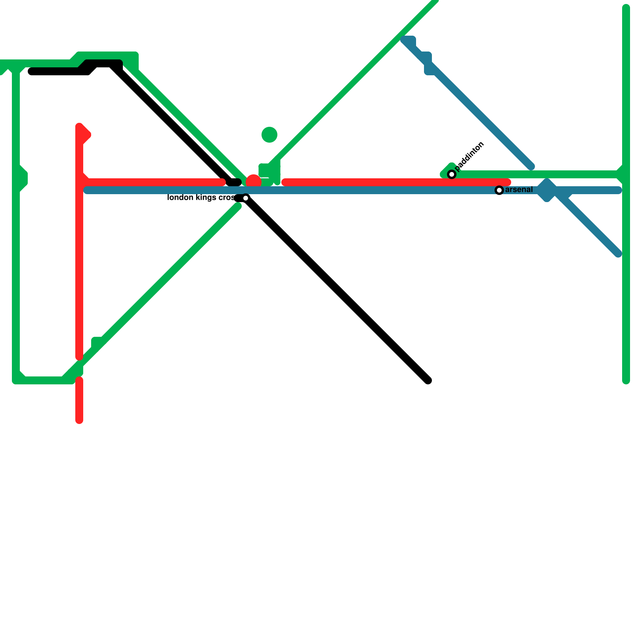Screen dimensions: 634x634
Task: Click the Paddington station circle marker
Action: tap(452, 174)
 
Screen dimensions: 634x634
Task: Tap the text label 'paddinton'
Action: tap(470, 156)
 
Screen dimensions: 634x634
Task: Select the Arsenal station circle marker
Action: tap(499, 190)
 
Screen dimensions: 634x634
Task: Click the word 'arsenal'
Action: tap(519, 190)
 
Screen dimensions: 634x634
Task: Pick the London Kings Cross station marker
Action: tap(246, 198)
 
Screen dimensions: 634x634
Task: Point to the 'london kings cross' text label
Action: tap(201, 197)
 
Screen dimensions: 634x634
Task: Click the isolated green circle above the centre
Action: tap(269, 135)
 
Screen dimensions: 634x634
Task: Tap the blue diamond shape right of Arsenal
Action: tap(547, 190)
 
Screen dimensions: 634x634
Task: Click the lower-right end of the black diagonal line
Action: tap(428, 380)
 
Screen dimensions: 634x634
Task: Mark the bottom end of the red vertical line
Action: tap(79, 420)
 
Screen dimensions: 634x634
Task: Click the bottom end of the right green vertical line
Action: tap(626, 381)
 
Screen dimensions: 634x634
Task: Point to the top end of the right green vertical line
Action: tap(626, 7)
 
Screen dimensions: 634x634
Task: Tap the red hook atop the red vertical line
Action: tap(84, 133)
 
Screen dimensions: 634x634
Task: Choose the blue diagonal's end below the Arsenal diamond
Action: tap(618, 254)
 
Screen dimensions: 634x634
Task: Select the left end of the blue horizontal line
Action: tap(87, 190)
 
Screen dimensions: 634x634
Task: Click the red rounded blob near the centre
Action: tap(254, 181)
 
